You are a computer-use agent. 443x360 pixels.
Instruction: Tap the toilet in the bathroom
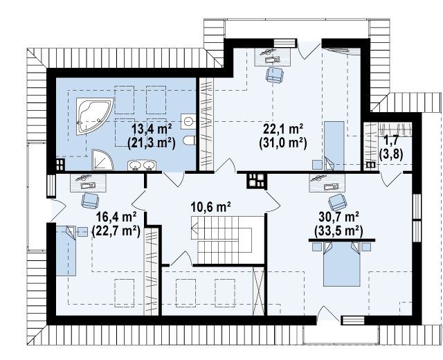tap(189, 141)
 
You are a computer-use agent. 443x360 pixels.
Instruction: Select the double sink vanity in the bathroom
tap(142, 165)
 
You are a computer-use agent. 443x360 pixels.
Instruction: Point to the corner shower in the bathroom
tap(102, 161)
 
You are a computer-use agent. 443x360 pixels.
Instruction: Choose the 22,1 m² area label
tap(283, 129)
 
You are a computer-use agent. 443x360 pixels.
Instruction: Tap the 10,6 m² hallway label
tap(211, 207)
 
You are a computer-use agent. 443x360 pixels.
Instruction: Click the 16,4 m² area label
tap(117, 217)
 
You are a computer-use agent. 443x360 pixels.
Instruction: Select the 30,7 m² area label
tap(339, 217)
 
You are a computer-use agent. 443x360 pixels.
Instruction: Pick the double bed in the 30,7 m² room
tap(341, 264)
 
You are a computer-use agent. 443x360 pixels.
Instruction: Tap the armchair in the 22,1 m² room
tap(274, 75)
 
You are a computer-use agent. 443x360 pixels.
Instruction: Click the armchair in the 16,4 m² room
tap(90, 200)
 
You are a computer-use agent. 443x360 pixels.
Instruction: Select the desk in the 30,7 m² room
tap(327, 183)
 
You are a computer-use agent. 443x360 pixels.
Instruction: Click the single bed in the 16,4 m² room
tap(66, 251)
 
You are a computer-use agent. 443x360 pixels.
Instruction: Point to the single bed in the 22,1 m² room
tap(334, 146)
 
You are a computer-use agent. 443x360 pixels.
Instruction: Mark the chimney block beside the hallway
tap(257, 181)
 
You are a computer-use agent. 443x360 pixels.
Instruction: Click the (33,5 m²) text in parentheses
tap(338, 231)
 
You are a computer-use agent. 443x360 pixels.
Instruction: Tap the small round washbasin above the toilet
tap(188, 121)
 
